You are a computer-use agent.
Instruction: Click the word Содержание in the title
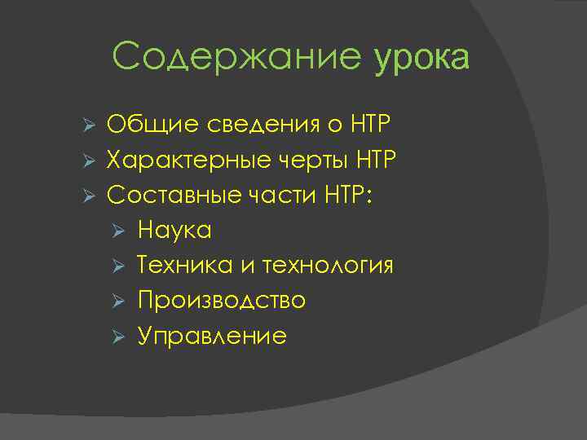click(236, 58)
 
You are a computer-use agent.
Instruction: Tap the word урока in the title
click(421, 58)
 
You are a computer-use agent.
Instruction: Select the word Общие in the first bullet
click(148, 126)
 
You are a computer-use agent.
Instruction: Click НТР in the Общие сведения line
click(370, 126)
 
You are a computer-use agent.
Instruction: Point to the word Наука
click(174, 231)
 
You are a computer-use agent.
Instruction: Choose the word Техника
click(184, 266)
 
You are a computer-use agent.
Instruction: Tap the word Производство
click(222, 301)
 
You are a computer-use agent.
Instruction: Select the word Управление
click(212, 337)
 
